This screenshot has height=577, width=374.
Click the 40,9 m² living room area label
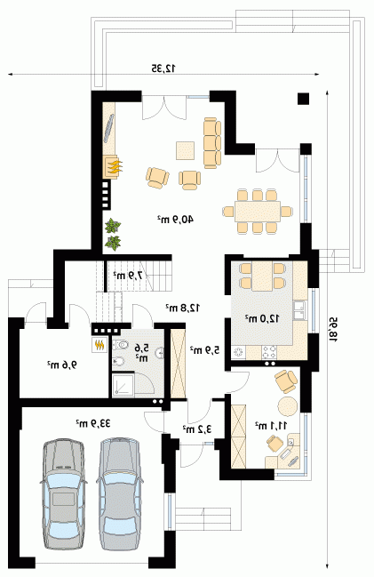point(175,220)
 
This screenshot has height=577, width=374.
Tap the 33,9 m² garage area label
point(93,423)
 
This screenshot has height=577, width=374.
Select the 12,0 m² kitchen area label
point(263,318)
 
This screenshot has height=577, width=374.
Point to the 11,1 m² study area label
point(271,426)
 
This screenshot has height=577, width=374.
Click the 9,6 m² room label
point(62,365)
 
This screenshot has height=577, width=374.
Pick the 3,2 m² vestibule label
point(198,429)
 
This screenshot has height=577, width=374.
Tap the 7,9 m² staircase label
point(128,275)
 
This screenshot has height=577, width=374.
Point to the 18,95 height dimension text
point(334,330)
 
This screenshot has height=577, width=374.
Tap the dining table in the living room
point(258,212)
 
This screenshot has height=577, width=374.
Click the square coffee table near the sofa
point(186,150)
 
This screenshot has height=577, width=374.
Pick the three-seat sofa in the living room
point(212,143)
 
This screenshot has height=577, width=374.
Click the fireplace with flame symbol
point(113,167)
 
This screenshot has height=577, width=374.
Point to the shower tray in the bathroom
point(123,385)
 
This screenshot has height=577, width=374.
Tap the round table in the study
point(288,406)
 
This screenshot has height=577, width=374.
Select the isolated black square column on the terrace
point(304,100)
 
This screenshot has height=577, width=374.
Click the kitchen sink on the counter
point(300,309)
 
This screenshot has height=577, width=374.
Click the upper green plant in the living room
point(113,226)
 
